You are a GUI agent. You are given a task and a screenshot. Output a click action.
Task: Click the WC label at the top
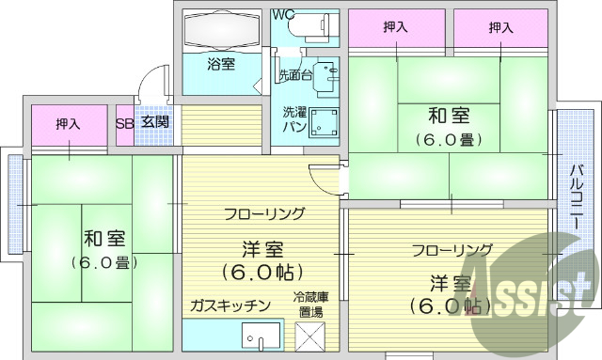[283, 14]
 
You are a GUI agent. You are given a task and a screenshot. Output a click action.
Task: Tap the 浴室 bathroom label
[221, 64]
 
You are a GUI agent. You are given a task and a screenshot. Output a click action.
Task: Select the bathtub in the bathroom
[222, 31]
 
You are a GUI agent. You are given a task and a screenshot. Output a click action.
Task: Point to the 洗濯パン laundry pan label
[294, 118]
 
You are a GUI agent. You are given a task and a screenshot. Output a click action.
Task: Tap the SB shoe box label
[124, 122]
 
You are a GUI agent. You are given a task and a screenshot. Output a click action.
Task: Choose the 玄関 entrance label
[155, 122]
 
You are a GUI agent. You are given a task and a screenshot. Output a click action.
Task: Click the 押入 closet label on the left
[68, 123]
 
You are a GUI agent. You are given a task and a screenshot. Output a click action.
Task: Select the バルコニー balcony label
[575, 200]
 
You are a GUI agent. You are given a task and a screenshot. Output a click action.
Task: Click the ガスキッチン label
[230, 305]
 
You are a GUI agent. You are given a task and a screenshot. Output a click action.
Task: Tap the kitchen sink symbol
[261, 336]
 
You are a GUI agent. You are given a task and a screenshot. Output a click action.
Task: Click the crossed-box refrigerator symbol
[310, 336]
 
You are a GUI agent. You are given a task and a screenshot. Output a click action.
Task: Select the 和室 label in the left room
[99, 237]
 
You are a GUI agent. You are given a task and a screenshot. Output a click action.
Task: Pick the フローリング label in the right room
[451, 249]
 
